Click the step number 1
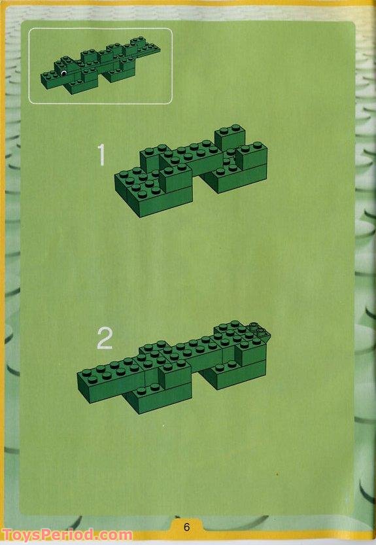click(x=101, y=156)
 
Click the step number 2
click(x=105, y=339)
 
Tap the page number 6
click(x=186, y=527)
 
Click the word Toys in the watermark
click(x=20, y=535)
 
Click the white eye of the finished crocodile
click(x=63, y=73)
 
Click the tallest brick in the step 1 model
click(x=230, y=137)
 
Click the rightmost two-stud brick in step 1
click(x=252, y=157)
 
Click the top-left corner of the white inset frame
click(x=29, y=29)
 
